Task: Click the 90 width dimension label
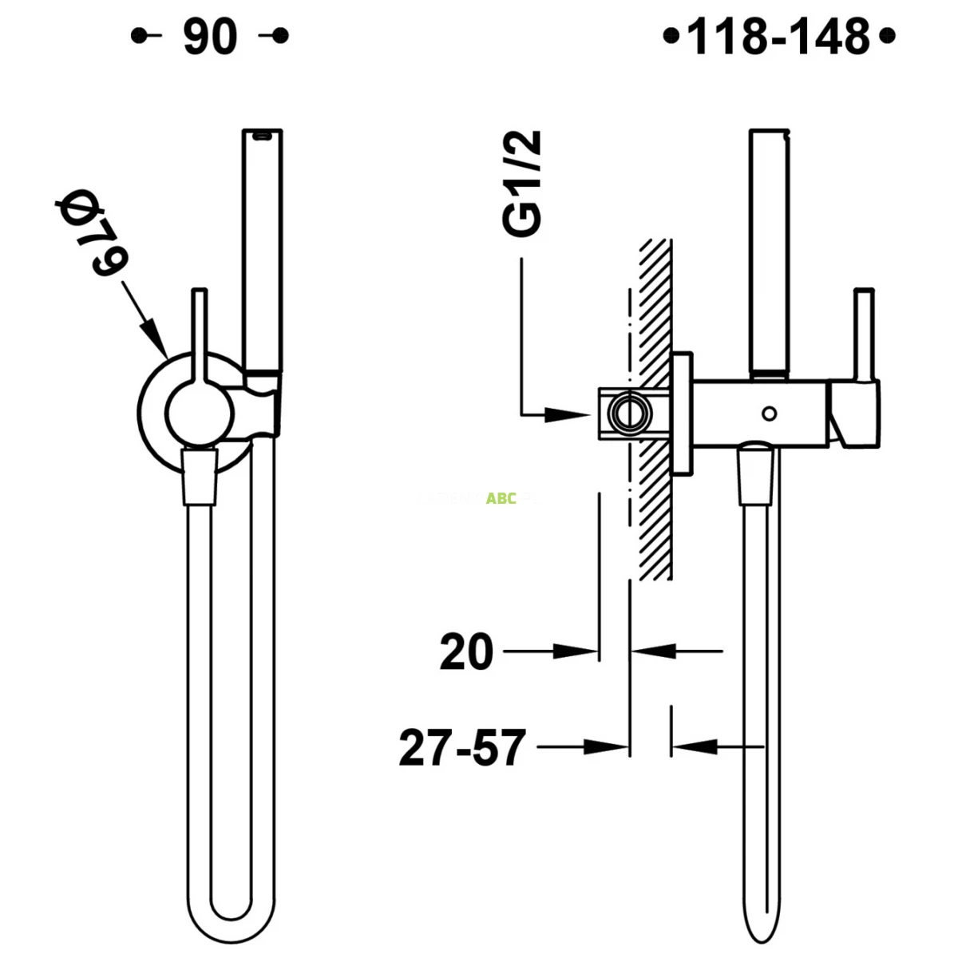coord(210,37)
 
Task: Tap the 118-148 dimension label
coord(778,37)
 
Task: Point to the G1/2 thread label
coord(524,184)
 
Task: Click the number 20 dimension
coord(467,652)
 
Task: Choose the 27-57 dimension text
coord(463,748)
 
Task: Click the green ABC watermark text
coord(501,499)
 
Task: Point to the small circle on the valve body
coord(769,413)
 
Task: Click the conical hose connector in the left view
coord(200,477)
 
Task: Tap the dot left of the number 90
coord(137,36)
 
